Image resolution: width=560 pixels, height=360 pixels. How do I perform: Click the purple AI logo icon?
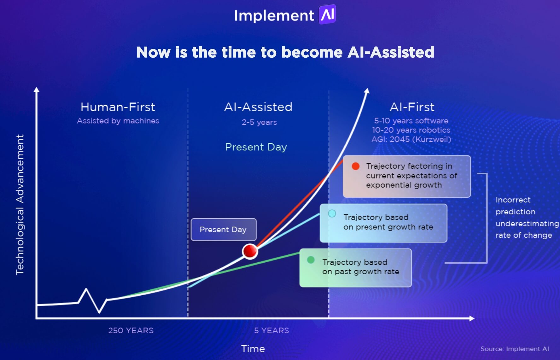click(x=327, y=15)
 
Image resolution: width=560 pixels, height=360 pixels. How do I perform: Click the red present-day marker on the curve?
click(x=250, y=251)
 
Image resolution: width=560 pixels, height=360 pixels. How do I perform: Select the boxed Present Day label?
click(x=223, y=229)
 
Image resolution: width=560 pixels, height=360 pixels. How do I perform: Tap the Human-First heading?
click(x=118, y=107)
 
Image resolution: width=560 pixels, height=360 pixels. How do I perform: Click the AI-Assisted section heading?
click(x=258, y=107)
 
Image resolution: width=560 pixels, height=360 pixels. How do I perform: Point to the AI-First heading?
click(x=412, y=107)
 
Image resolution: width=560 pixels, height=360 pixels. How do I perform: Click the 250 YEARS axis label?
click(x=131, y=330)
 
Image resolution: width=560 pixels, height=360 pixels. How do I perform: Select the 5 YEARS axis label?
click(x=271, y=330)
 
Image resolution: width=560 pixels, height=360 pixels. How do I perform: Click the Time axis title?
click(x=253, y=349)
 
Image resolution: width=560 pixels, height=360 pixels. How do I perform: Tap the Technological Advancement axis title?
click(x=20, y=205)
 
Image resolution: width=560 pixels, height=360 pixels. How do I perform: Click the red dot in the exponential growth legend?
click(x=356, y=166)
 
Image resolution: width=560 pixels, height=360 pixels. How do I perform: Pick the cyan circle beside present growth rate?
click(x=332, y=213)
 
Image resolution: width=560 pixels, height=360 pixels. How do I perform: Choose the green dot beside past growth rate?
click(x=311, y=260)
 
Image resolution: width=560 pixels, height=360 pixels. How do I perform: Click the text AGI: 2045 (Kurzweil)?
click(x=411, y=139)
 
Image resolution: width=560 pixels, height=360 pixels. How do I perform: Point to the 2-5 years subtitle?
click(x=259, y=122)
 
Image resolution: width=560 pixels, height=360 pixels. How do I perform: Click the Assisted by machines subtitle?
click(x=118, y=121)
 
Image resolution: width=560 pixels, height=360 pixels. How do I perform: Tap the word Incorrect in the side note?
click(x=513, y=200)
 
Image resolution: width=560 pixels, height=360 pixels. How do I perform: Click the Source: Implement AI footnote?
click(x=515, y=349)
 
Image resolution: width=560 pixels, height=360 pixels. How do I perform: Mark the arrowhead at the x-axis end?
click(x=472, y=318)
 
